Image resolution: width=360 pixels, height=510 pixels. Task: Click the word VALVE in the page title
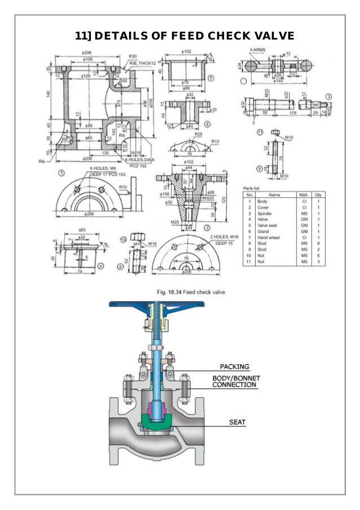click(266, 36)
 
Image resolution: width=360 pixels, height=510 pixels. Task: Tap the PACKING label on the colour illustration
click(234, 367)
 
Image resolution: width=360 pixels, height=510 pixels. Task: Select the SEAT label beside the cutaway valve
click(237, 422)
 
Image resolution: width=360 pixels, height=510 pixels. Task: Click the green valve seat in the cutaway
click(156, 420)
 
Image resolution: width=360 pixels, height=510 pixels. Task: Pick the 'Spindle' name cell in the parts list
click(264, 213)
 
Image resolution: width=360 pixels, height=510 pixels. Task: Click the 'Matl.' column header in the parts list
click(303, 195)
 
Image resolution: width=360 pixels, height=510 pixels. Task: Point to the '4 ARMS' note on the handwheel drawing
click(258, 50)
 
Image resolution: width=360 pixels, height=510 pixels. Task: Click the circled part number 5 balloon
click(210, 79)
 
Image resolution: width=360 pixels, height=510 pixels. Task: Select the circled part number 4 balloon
click(100, 265)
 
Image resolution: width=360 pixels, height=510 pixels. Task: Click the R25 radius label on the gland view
click(198, 134)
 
